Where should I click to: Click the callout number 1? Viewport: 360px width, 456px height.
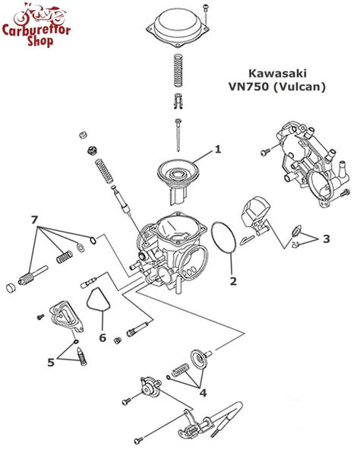coord(217,149)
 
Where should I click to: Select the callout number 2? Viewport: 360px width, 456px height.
coord(233,280)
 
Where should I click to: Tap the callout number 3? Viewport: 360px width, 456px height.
coord(326,239)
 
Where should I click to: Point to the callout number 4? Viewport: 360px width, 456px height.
coord(203,392)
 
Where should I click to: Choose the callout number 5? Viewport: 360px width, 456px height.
coord(51,363)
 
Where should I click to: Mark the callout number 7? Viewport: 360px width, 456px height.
coord(33,220)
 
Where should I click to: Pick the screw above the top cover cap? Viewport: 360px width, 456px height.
coord(205,9)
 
